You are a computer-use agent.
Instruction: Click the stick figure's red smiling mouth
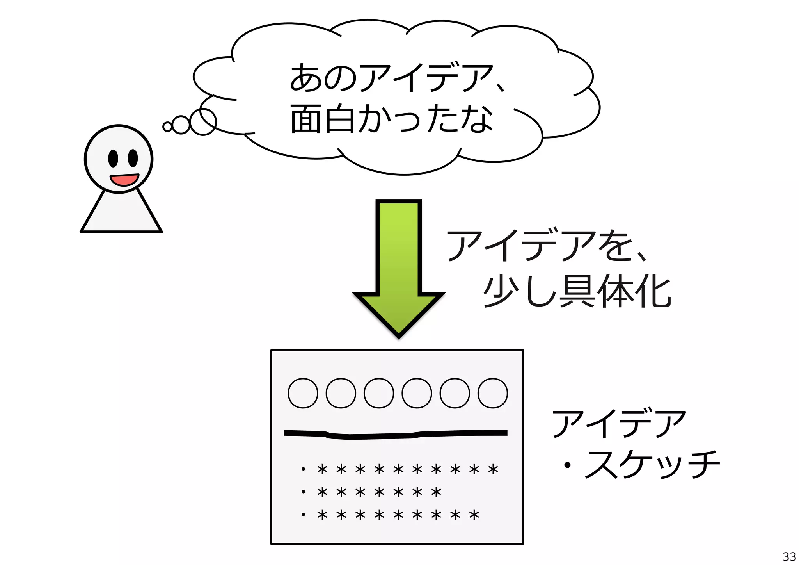coord(124,180)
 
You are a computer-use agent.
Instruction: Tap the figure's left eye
coord(113,158)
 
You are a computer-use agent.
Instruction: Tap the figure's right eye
coord(133,158)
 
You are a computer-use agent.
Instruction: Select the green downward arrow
coord(398,266)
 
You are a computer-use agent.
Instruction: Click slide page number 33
coord(789,556)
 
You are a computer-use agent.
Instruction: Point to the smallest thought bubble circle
coord(167,127)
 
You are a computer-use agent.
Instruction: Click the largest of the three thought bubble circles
coord(203,121)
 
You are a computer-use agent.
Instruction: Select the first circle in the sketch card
coord(303,393)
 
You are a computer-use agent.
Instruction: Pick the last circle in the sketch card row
coord(492,393)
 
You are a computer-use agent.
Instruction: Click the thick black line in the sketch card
coord(396,434)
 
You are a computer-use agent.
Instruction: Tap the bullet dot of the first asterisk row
coord(303,469)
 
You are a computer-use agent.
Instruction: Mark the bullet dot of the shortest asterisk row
coord(303,492)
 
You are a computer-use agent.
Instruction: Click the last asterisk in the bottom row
coord(474,515)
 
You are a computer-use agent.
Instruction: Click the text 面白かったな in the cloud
coord(392,119)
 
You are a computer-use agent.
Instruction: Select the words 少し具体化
coord(577,291)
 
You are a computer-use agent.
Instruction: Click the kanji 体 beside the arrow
coord(616,291)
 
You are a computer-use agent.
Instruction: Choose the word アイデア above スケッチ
coord(619,423)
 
